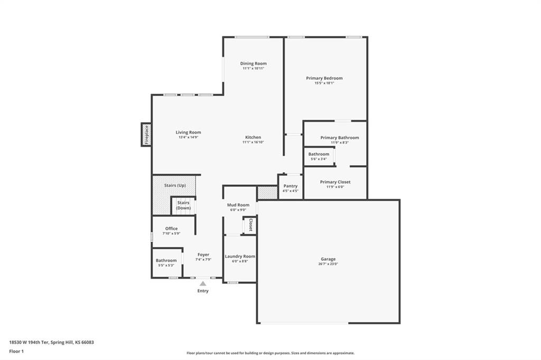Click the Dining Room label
pos(253,63)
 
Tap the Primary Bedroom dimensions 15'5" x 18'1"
pos(324,83)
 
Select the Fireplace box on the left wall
pos(146,135)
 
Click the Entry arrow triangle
pos(203,283)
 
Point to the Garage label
pos(328,259)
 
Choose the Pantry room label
pos(291,186)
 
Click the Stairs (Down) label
pos(183,205)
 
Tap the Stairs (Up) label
pos(175,185)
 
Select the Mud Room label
pos(238,205)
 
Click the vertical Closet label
pos(251,225)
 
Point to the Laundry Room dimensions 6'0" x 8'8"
pos(240,261)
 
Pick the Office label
pos(172,228)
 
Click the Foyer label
pos(203,254)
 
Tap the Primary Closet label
pos(335,182)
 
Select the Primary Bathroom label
pos(340,138)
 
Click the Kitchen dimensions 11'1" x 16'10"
pos(253,142)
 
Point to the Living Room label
pos(189,132)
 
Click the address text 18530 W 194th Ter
pos(29,343)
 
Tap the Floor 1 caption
pos(16,352)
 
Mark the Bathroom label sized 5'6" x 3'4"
pos(319,154)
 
